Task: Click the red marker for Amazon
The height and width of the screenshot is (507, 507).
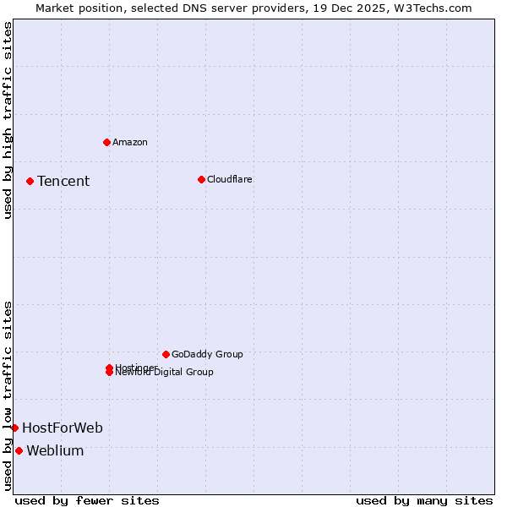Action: tap(106, 142)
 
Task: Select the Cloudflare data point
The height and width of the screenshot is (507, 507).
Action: tap(201, 179)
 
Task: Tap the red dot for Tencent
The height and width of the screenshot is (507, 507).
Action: tap(30, 181)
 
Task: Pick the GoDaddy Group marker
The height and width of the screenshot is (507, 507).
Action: tap(166, 354)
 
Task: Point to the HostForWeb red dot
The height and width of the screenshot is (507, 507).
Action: tap(14, 428)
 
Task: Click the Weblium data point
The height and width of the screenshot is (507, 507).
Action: tap(19, 450)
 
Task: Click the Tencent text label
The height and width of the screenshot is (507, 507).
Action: tap(63, 181)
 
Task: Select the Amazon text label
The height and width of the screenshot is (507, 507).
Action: tap(130, 142)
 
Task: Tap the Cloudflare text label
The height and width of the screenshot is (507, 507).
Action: tap(229, 179)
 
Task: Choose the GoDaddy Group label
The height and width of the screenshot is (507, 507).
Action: tap(207, 354)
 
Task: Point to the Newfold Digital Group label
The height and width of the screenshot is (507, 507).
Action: tap(165, 373)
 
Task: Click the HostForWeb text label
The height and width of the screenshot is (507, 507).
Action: tap(63, 428)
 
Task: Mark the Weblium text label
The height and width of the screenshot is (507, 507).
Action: tap(55, 450)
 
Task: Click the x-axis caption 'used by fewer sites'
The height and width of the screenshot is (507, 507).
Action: tap(87, 500)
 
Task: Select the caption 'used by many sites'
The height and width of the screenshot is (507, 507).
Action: tap(424, 500)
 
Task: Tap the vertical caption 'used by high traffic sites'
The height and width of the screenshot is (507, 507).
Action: tap(8, 121)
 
